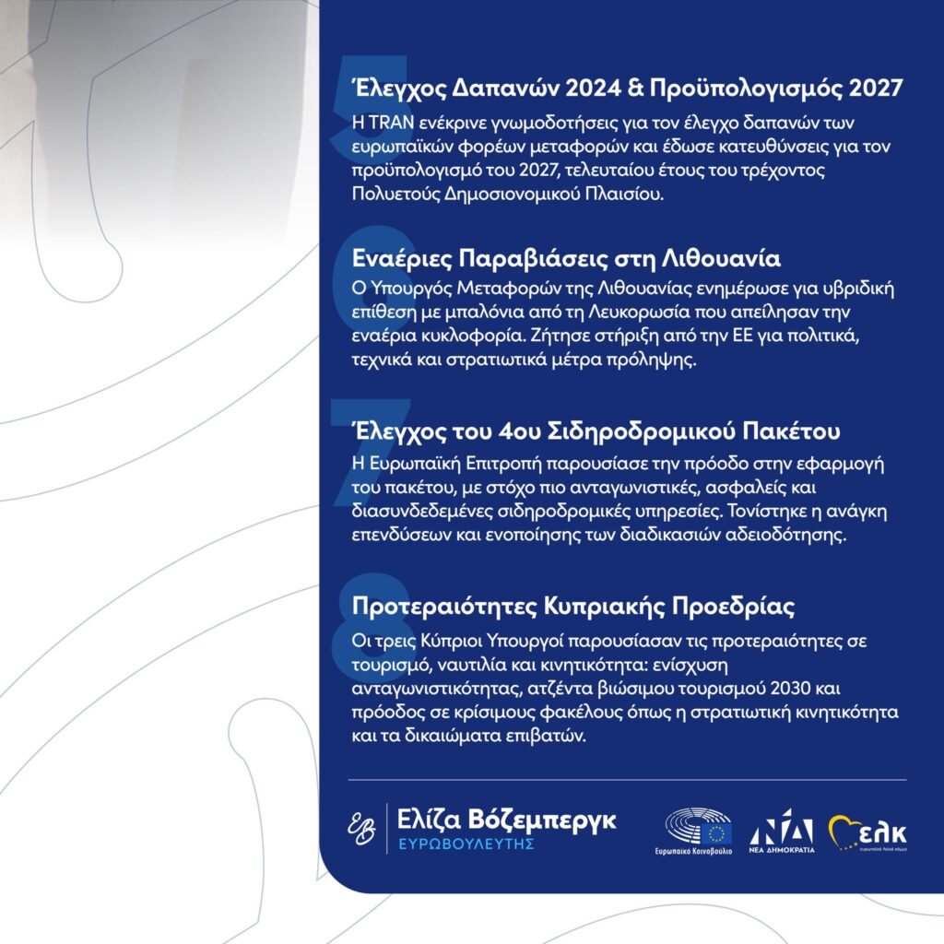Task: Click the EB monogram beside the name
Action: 360,826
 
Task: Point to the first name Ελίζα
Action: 430,819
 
